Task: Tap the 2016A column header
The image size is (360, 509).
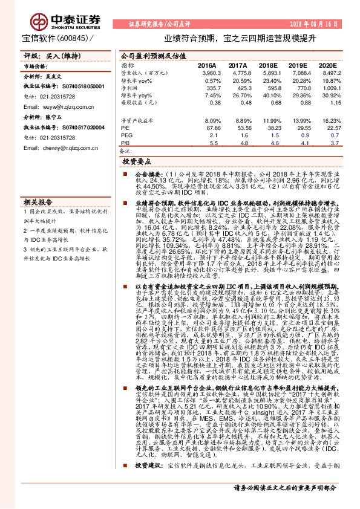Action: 208,65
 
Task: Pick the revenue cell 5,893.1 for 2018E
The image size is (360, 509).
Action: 272,72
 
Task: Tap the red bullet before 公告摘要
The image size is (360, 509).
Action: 121,173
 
